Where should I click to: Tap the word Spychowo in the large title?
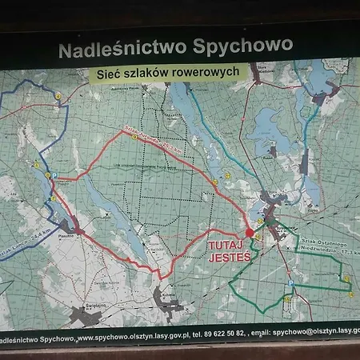coord(241,46)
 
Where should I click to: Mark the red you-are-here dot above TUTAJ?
coord(249,233)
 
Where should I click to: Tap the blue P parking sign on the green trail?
coord(290,284)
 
